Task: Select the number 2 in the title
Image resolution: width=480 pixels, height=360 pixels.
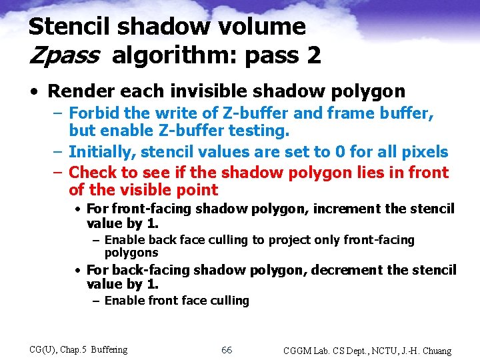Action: [x=313, y=55]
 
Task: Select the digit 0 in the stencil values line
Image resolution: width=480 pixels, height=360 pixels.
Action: [x=341, y=152]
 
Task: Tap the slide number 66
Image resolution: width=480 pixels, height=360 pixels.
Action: [x=227, y=351]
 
